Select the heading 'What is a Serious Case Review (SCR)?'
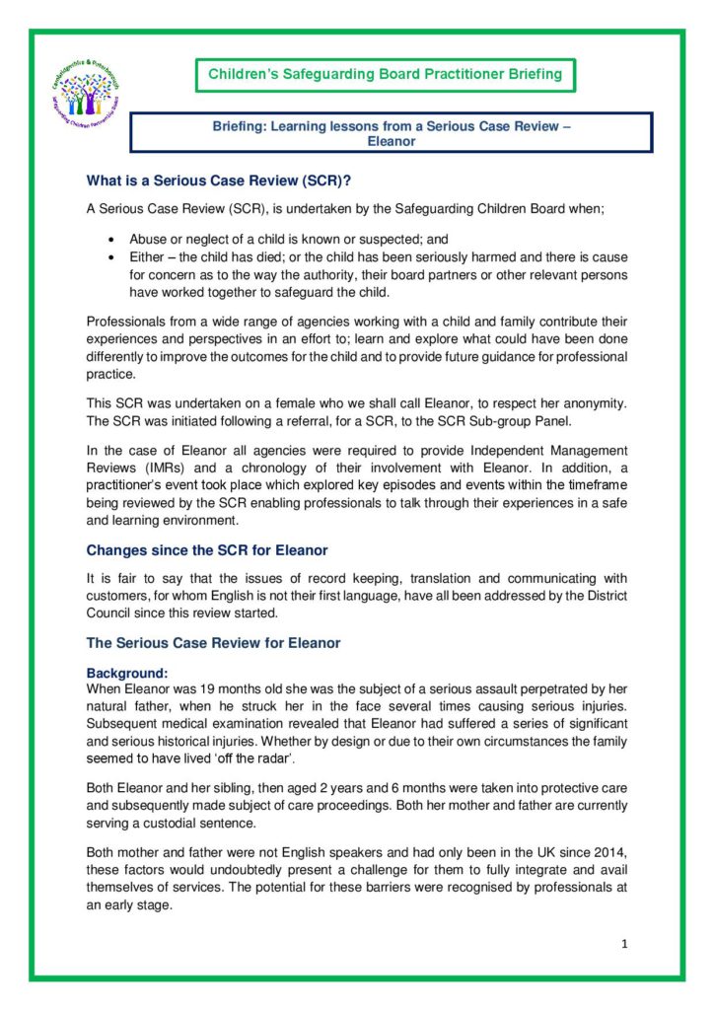(219, 180)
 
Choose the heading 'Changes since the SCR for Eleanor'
(207, 550)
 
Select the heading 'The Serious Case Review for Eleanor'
(213, 643)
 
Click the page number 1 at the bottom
(624, 944)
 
